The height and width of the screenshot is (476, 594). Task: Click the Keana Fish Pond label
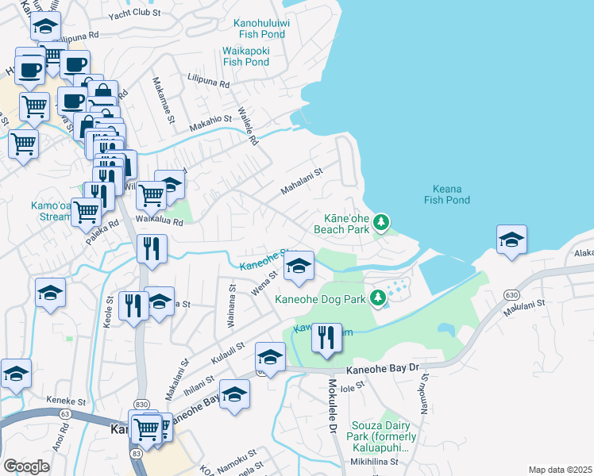[447, 194]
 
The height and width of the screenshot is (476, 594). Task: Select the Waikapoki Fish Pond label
[246, 56]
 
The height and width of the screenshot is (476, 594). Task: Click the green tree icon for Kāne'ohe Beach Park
[381, 221]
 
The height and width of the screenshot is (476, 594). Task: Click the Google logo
[26, 466]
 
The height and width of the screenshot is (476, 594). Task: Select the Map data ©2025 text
[560, 470]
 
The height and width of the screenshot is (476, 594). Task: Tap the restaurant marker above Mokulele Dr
[326, 338]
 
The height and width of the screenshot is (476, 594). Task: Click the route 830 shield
[141, 404]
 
